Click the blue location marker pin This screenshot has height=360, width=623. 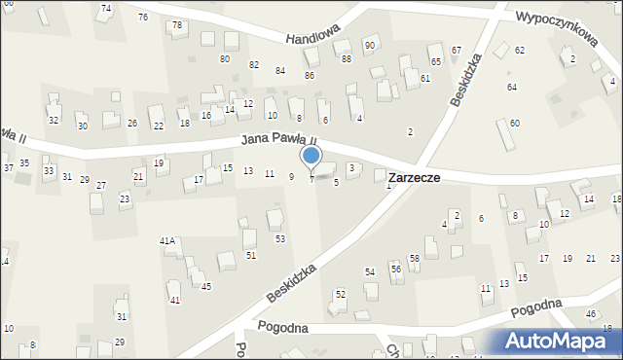click(311, 156)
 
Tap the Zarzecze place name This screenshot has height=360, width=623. click(414, 179)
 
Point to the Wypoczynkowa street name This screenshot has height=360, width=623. click(557, 29)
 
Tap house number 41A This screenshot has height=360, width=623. click(167, 240)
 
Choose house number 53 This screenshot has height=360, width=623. click(279, 238)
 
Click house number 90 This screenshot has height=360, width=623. click(370, 46)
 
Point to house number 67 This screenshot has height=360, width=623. click(457, 50)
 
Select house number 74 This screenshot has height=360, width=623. click(106, 8)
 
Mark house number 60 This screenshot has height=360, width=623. click(514, 123)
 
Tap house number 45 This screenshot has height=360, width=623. click(206, 286)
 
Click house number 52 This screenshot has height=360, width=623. click(340, 293)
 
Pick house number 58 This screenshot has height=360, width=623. click(414, 258)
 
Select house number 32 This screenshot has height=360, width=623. click(54, 121)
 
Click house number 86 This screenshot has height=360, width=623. click(310, 75)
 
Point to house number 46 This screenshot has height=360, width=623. click(591, 313)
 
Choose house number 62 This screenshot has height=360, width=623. click(520, 50)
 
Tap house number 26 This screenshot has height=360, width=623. click(132, 124)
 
